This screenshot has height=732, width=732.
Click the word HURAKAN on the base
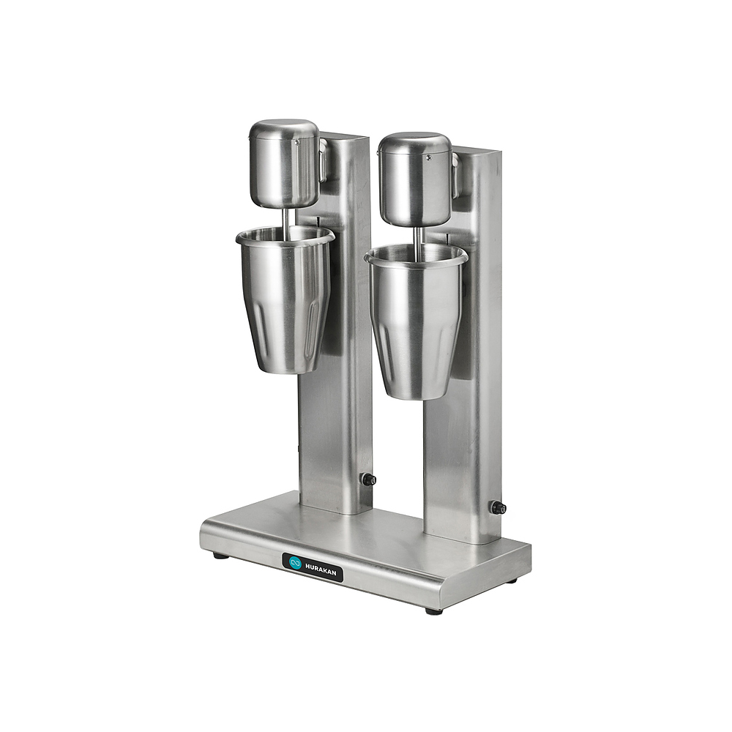pyautogui.click(x=321, y=569)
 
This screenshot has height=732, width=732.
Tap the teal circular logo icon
pyautogui.click(x=295, y=562)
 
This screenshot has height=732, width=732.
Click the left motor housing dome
pyautogui.click(x=284, y=163)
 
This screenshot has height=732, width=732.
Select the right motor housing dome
pyautogui.click(x=415, y=179)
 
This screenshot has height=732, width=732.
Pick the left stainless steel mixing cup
pyautogui.click(x=285, y=299)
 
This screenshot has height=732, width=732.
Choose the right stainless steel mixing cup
pyautogui.click(x=416, y=321)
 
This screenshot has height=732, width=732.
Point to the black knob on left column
pyautogui.click(x=369, y=479)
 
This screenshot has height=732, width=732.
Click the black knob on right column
pyautogui.click(x=498, y=507)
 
